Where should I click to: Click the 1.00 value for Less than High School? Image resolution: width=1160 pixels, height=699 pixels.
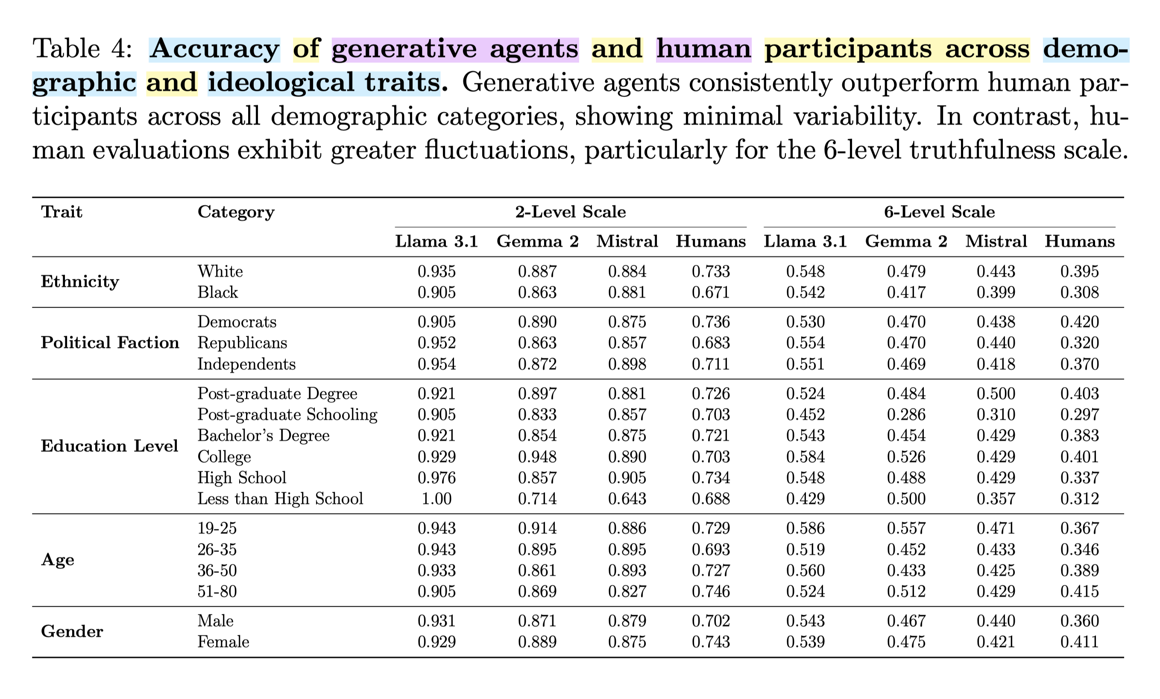click(436, 499)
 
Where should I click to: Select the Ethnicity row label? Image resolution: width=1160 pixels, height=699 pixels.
click(79, 282)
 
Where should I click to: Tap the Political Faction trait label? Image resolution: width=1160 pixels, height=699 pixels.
click(110, 342)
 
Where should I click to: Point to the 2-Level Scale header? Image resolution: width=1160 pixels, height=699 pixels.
click(571, 212)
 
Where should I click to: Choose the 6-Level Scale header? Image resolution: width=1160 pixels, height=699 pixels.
click(939, 212)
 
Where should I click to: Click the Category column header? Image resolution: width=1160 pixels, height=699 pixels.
click(236, 212)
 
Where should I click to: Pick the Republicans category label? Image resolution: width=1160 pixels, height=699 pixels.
click(242, 342)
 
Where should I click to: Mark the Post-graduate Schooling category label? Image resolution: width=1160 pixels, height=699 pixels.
click(287, 414)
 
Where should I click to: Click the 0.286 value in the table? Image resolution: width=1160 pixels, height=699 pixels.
click(906, 414)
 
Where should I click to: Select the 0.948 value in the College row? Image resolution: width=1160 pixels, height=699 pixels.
click(537, 457)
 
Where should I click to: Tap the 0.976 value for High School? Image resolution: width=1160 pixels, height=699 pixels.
click(436, 478)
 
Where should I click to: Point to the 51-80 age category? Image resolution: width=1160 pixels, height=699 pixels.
click(217, 591)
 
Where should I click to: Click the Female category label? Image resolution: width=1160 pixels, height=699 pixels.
click(223, 642)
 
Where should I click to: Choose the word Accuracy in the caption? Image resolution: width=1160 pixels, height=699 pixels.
click(215, 49)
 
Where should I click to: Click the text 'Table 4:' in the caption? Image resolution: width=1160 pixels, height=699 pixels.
click(82, 49)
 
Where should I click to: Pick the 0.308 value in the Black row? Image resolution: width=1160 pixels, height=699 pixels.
click(1080, 293)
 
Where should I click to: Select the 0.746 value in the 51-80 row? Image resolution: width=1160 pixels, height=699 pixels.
click(711, 591)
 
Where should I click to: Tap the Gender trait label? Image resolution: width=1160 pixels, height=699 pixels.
click(72, 631)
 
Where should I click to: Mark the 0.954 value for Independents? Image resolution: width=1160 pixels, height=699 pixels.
click(436, 364)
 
